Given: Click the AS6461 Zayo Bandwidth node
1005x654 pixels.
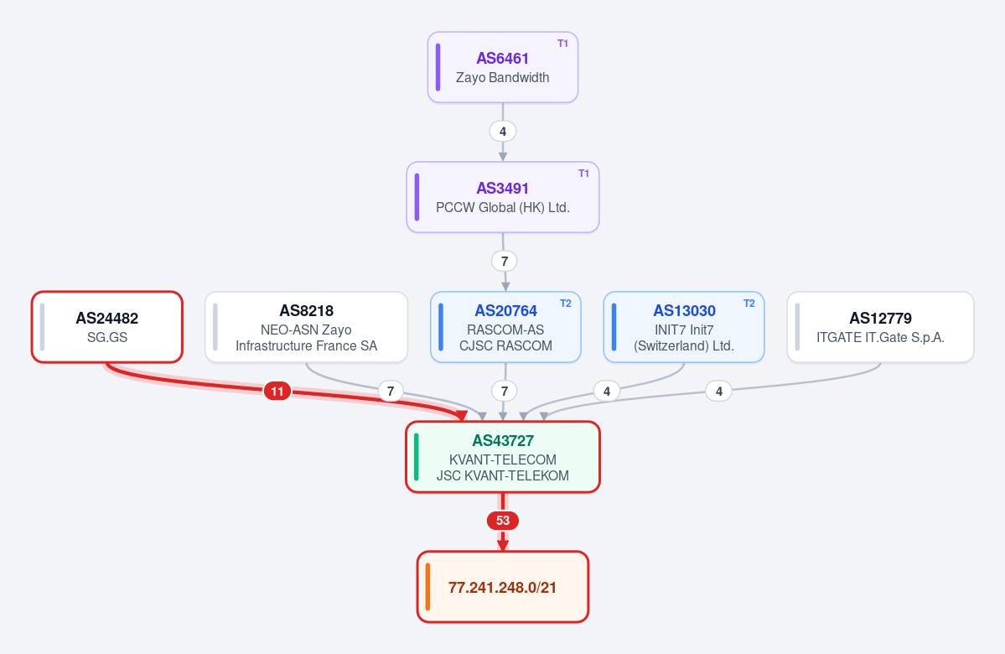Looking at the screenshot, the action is point(503,67).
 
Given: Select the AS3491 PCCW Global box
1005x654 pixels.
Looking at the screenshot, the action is point(503,197).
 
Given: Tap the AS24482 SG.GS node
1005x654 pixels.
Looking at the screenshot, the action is point(107,327).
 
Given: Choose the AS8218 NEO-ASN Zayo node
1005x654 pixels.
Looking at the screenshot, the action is point(307,327).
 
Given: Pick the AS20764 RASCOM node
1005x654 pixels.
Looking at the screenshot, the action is point(505,327).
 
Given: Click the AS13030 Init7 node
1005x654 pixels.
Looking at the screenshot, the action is point(684,327).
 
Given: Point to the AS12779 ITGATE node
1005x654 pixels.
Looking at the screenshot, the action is point(880,327).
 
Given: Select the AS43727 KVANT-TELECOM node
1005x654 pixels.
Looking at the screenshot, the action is point(503,457).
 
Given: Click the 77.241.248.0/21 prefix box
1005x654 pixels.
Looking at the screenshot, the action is point(503,587).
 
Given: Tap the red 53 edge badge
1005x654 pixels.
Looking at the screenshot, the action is point(503,521).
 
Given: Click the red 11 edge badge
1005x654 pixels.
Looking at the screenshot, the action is point(277,391).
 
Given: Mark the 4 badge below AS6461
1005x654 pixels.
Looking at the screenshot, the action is point(503,132).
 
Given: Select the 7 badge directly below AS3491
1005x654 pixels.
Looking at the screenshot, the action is point(505,261).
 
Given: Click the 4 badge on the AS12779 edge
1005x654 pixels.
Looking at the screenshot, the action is point(718,391).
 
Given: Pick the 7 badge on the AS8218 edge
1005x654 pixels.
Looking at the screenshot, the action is point(391,391).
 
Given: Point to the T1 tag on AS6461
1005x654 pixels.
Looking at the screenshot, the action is point(562,44).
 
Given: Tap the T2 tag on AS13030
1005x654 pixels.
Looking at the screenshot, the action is point(749,304).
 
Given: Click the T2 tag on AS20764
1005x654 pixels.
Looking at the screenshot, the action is point(565,304).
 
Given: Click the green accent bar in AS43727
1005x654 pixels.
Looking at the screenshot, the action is point(417,457).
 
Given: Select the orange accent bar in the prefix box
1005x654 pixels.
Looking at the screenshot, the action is point(427,587).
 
